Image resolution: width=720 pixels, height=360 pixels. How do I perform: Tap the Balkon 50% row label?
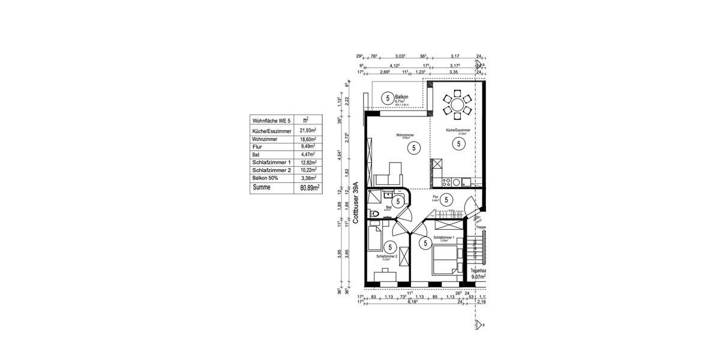(x=268, y=178)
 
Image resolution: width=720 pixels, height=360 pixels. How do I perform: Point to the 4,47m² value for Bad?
(x=308, y=154)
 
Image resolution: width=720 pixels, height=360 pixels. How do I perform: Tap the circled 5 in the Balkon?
(x=387, y=98)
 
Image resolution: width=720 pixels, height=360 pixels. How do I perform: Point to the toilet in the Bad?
(x=374, y=213)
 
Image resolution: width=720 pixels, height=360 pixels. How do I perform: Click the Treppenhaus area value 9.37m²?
(x=478, y=277)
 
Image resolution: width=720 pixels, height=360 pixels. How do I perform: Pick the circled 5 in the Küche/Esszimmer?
(x=458, y=143)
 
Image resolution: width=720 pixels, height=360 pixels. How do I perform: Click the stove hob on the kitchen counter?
(x=446, y=181)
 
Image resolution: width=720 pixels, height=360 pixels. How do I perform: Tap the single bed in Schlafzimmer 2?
(x=374, y=238)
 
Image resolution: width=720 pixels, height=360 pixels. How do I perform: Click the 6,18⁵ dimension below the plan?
(x=413, y=302)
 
